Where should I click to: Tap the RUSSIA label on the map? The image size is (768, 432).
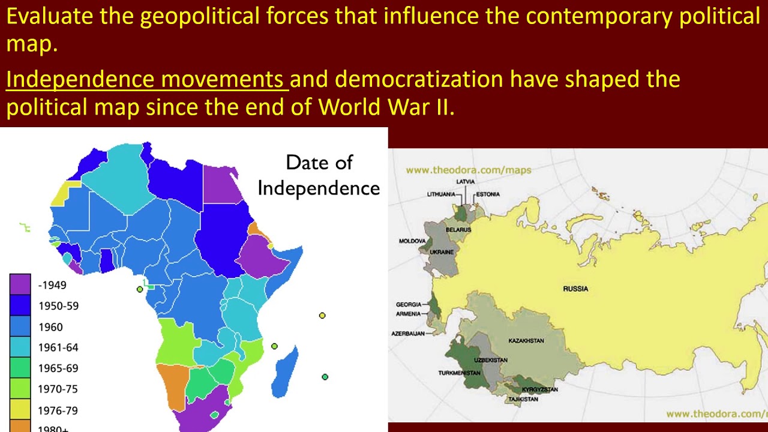[x=575, y=289]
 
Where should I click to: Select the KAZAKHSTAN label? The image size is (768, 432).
[x=526, y=341]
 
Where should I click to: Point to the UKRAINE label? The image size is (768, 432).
[x=441, y=253]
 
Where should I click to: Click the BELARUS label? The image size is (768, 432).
[x=458, y=230]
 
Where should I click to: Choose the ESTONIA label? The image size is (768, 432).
[x=488, y=194]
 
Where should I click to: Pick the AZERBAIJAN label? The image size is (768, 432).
[x=408, y=333]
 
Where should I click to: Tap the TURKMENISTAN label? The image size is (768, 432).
[x=460, y=373]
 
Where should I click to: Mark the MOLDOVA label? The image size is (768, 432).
[x=412, y=241]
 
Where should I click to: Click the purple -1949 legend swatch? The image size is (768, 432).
[x=20, y=284]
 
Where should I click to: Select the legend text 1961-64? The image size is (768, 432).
[x=58, y=347]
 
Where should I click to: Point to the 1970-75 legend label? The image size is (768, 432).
[x=58, y=389]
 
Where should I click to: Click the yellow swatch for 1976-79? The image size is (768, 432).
[x=20, y=410]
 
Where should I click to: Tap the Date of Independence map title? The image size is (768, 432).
[x=319, y=175]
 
